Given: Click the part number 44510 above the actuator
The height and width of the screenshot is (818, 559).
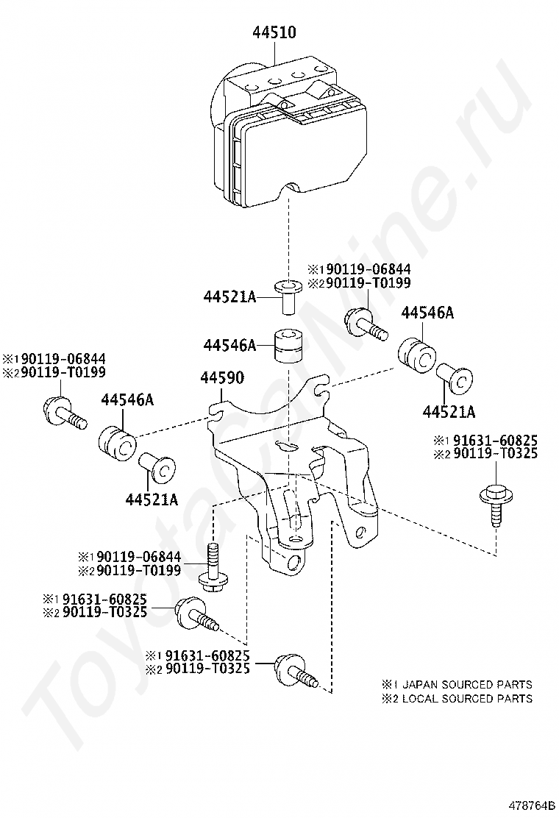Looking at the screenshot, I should click(x=275, y=32).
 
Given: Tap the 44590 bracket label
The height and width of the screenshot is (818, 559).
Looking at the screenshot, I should click(x=223, y=378).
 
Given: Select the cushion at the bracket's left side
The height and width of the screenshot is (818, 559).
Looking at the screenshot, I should click(x=118, y=441).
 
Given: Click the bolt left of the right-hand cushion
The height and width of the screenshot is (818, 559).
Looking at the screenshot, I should click(x=364, y=324).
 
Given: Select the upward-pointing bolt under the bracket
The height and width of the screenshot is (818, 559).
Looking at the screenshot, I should click(x=213, y=567).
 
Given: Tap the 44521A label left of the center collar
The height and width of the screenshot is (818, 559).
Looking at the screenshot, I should click(x=229, y=296).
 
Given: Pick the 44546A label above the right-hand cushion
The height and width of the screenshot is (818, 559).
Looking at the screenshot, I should click(x=427, y=313).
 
